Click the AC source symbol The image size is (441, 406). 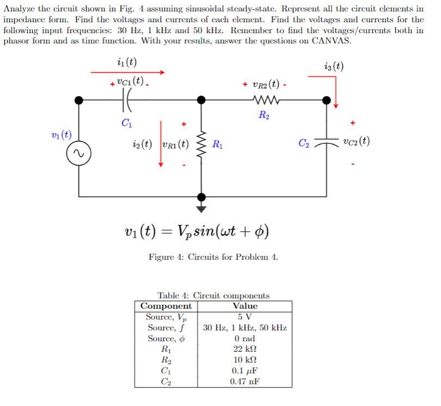[x=79, y=155]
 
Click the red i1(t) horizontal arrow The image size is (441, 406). [x=127, y=72]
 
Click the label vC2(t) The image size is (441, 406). [x=357, y=141]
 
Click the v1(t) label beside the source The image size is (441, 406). [x=60, y=134]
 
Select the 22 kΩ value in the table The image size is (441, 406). [x=245, y=349]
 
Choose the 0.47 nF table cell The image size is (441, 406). [x=245, y=382]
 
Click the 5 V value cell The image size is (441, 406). [x=245, y=317]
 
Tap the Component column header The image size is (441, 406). [x=166, y=306]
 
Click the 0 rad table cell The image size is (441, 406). [x=245, y=339]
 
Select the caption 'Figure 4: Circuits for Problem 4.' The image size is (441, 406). [x=213, y=257]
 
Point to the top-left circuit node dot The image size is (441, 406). [x=79, y=100]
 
